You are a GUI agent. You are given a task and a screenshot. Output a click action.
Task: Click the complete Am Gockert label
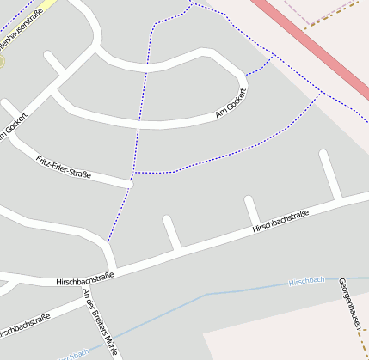pos(231,103)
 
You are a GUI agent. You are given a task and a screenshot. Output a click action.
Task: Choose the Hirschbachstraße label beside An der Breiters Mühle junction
pos(84,278)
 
